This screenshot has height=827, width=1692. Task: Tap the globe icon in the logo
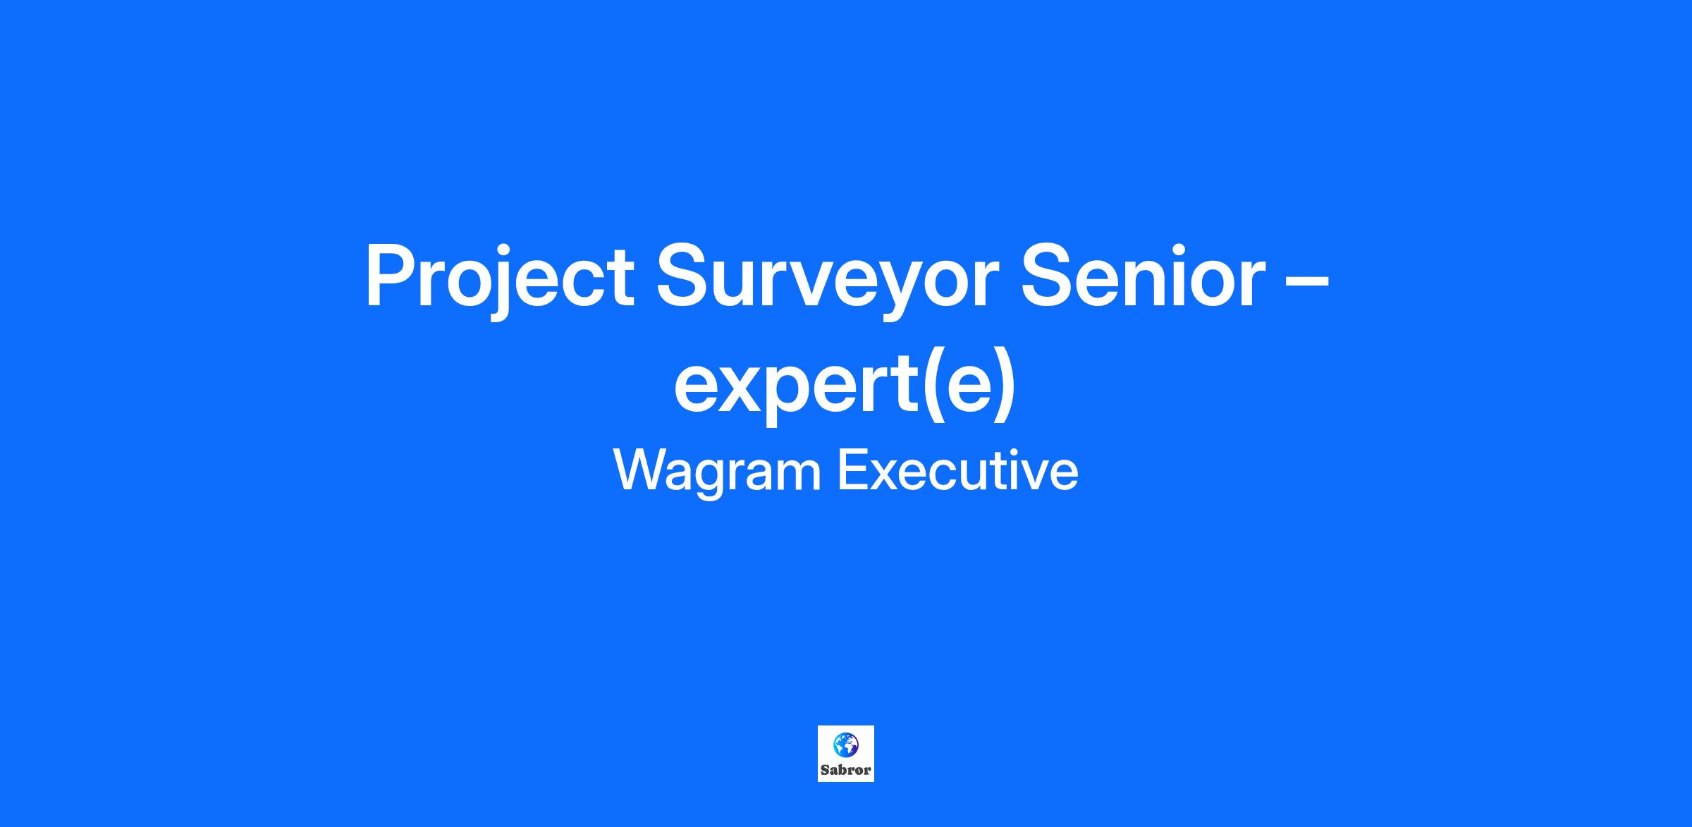[x=845, y=745]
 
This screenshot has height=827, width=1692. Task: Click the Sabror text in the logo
[x=845, y=770]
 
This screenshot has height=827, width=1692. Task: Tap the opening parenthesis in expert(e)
[x=932, y=385]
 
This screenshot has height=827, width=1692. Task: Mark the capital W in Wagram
[x=644, y=470]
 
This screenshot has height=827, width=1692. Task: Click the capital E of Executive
[x=852, y=470]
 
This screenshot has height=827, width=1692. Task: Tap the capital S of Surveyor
[x=684, y=275]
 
